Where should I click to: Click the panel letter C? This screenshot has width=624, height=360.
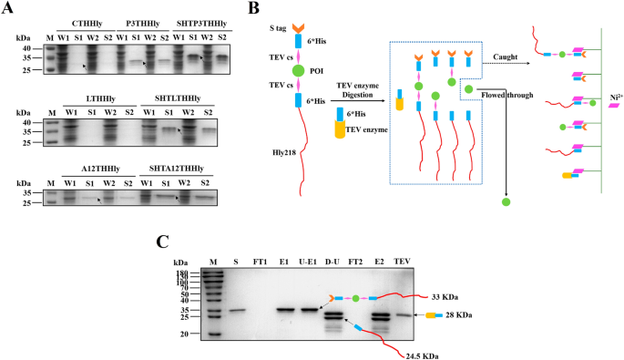[161, 241]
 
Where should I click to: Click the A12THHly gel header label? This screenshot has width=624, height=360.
[95, 170]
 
